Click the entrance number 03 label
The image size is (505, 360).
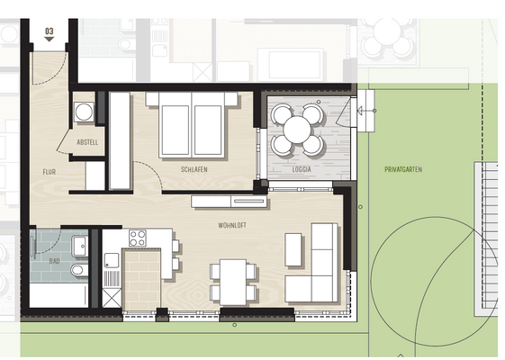pos(49,31)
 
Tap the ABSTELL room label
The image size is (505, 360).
pos(87,142)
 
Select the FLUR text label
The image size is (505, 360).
pos(49,171)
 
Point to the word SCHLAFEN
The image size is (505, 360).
pos(194,169)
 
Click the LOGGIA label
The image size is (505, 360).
pos(302,169)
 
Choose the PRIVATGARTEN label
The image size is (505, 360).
pos(403,169)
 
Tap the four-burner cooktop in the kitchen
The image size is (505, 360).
pos(138,238)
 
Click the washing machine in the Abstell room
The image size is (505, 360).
pos(84,112)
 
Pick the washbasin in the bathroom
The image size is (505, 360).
pos(79,244)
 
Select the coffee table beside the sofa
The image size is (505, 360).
pos(293,249)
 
